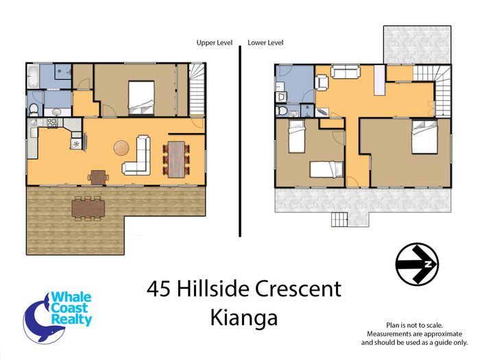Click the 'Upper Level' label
click(x=214, y=43)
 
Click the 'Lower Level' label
click(x=265, y=43)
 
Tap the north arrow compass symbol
click(x=417, y=264)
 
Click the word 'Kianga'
click(x=244, y=317)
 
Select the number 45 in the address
click(x=158, y=289)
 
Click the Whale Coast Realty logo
click(x=58, y=317)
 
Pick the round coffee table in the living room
click(x=121, y=148)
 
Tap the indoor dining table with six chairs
click(x=176, y=159)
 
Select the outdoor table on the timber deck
click(x=88, y=208)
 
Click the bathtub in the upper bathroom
click(x=33, y=75)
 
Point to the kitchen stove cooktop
click(x=52, y=123)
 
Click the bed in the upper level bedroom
click(x=141, y=97)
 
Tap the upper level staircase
click(x=196, y=89)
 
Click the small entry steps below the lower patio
click(x=339, y=219)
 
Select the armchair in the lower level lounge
click(x=322, y=83)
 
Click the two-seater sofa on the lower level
click(x=346, y=72)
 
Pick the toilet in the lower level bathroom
click(x=282, y=110)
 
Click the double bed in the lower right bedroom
click(x=424, y=137)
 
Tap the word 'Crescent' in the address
click(x=298, y=289)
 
